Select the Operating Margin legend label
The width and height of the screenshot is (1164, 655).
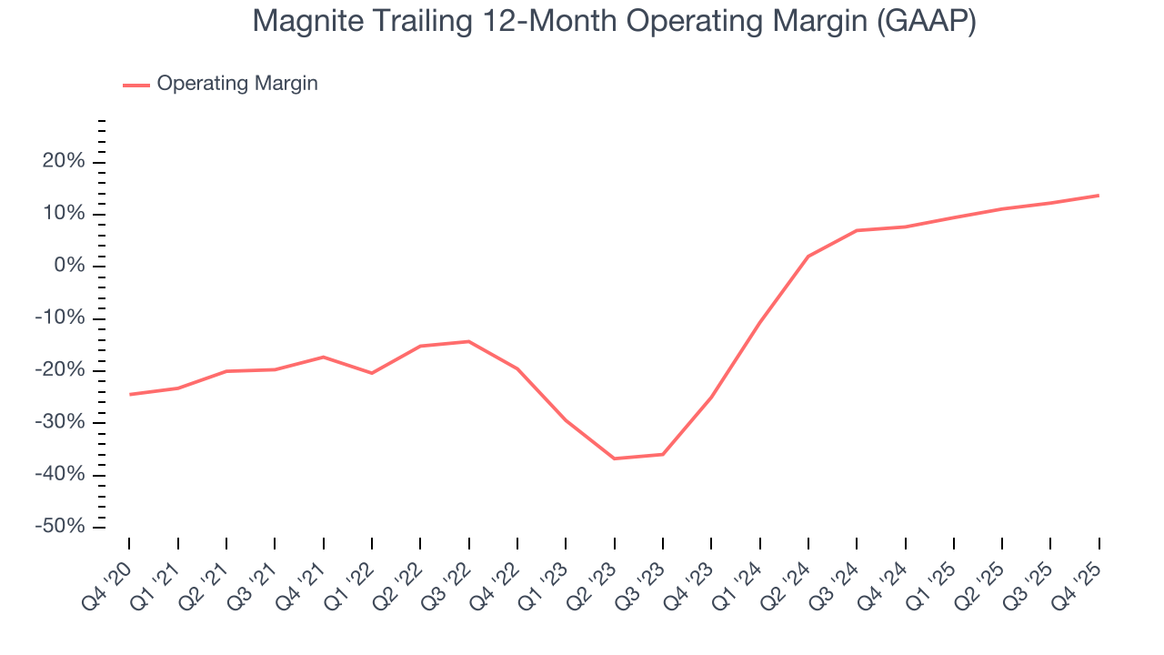[237, 84]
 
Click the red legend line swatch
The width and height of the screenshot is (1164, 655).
[135, 85]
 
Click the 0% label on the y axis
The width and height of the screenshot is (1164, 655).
[72, 267]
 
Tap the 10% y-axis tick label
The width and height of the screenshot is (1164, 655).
[66, 214]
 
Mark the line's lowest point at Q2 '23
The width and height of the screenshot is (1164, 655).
[615, 458]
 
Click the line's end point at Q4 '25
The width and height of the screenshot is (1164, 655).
[1099, 196]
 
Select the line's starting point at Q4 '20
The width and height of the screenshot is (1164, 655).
[130, 394]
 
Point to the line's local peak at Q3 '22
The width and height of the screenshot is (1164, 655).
[469, 341]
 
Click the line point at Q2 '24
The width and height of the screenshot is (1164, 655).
[808, 257]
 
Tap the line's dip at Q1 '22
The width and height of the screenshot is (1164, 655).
[372, 373]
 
